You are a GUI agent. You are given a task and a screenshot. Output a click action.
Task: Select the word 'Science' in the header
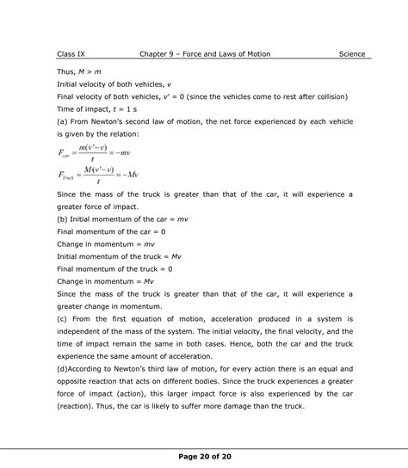[x=351, y=54]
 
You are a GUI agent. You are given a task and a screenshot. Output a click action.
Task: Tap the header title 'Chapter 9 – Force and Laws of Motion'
[x=205, y=54]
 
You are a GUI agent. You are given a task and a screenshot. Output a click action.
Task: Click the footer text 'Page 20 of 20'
[x=204, y=457]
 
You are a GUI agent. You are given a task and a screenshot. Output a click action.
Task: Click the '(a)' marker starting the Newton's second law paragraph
[x=61, y=121]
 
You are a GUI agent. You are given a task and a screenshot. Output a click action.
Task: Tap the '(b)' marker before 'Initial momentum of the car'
[x=61, y=220]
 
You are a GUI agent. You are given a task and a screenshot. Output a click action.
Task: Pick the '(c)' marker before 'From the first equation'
[x=61, y=317]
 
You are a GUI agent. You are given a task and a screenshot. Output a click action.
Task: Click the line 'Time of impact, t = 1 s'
[x=96, y=108]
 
